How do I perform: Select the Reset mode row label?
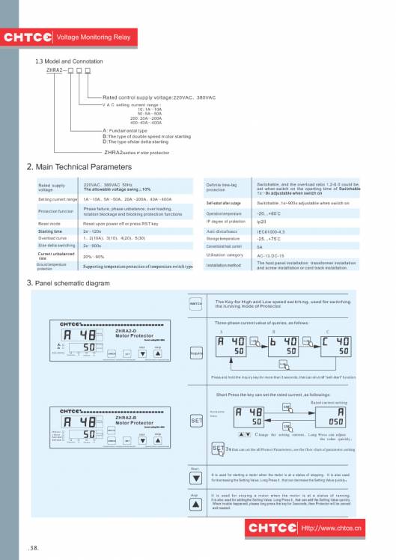(x=49, y=223)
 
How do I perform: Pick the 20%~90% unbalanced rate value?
(x=94, y=255)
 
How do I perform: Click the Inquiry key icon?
(x=196, y=352)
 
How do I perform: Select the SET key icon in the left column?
(x=196, y=421)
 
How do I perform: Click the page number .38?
(x=34, y=548)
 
